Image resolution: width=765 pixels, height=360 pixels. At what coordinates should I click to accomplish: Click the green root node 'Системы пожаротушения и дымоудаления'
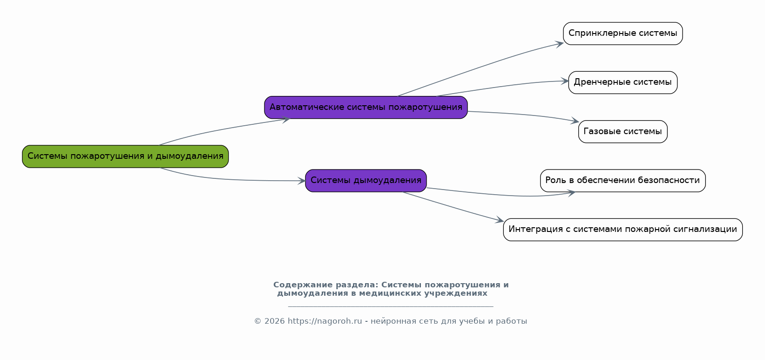coord(125,156)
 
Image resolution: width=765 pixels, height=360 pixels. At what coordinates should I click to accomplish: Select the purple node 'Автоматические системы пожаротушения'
coord(366,108)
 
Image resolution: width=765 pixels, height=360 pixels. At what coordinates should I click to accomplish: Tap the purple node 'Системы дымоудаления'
coord(366,181)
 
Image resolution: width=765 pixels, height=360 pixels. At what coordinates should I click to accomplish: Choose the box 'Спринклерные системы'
coord(623,34)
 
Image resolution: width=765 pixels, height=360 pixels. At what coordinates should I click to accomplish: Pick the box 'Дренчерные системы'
coord(623,82)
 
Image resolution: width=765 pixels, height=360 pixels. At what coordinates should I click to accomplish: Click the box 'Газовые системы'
coord(623,132)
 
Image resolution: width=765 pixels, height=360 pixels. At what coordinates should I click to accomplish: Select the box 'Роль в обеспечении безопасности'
coord(623,181)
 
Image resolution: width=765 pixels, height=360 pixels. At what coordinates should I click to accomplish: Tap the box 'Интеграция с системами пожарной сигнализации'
coord(623,230)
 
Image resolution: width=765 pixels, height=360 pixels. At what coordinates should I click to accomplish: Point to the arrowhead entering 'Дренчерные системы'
coord(565,81)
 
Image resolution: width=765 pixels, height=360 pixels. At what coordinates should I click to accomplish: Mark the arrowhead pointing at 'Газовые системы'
coord(575,122)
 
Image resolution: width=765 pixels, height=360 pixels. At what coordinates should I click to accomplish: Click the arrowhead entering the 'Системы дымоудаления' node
coord(302,181)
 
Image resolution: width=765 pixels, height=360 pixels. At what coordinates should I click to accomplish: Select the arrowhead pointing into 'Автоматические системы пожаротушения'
coord(285,119)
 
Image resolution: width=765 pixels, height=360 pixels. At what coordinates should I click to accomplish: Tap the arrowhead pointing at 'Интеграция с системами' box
coord(500,220)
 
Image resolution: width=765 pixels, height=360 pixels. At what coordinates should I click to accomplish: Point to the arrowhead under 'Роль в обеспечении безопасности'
coord(571,192)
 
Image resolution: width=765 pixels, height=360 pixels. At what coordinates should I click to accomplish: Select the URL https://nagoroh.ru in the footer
coord(325,321)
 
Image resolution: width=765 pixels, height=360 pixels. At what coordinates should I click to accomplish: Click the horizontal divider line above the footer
coord(390,306)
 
